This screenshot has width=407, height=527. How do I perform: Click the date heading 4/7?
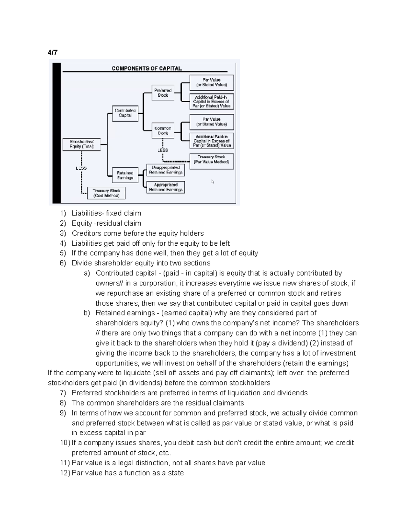[53, 53]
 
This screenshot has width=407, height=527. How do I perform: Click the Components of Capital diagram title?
[147, 68]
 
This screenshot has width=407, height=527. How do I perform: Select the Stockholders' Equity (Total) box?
[81, 144]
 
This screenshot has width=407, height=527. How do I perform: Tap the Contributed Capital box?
[125, 113]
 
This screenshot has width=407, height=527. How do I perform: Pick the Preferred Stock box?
[163, 93]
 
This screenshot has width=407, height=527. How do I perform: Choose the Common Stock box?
[163, 131]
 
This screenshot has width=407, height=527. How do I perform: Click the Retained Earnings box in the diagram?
[125, 175]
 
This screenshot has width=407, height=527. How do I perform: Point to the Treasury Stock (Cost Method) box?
[106, 193]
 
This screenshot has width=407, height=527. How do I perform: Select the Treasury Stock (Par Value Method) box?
[211, 159]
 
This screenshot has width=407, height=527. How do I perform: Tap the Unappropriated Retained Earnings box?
[166, 170]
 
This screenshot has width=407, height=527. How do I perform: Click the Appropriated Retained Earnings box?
[166, 187]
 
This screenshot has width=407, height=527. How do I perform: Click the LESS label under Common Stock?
[163, 150]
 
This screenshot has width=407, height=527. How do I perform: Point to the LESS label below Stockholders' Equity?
[81, 168]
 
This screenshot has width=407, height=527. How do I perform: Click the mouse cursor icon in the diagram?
[213, 182]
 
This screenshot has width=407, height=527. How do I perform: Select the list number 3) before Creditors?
[63, 233]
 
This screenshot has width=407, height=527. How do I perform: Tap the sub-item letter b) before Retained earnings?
[87, 313]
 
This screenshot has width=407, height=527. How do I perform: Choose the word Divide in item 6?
[82, 263]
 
